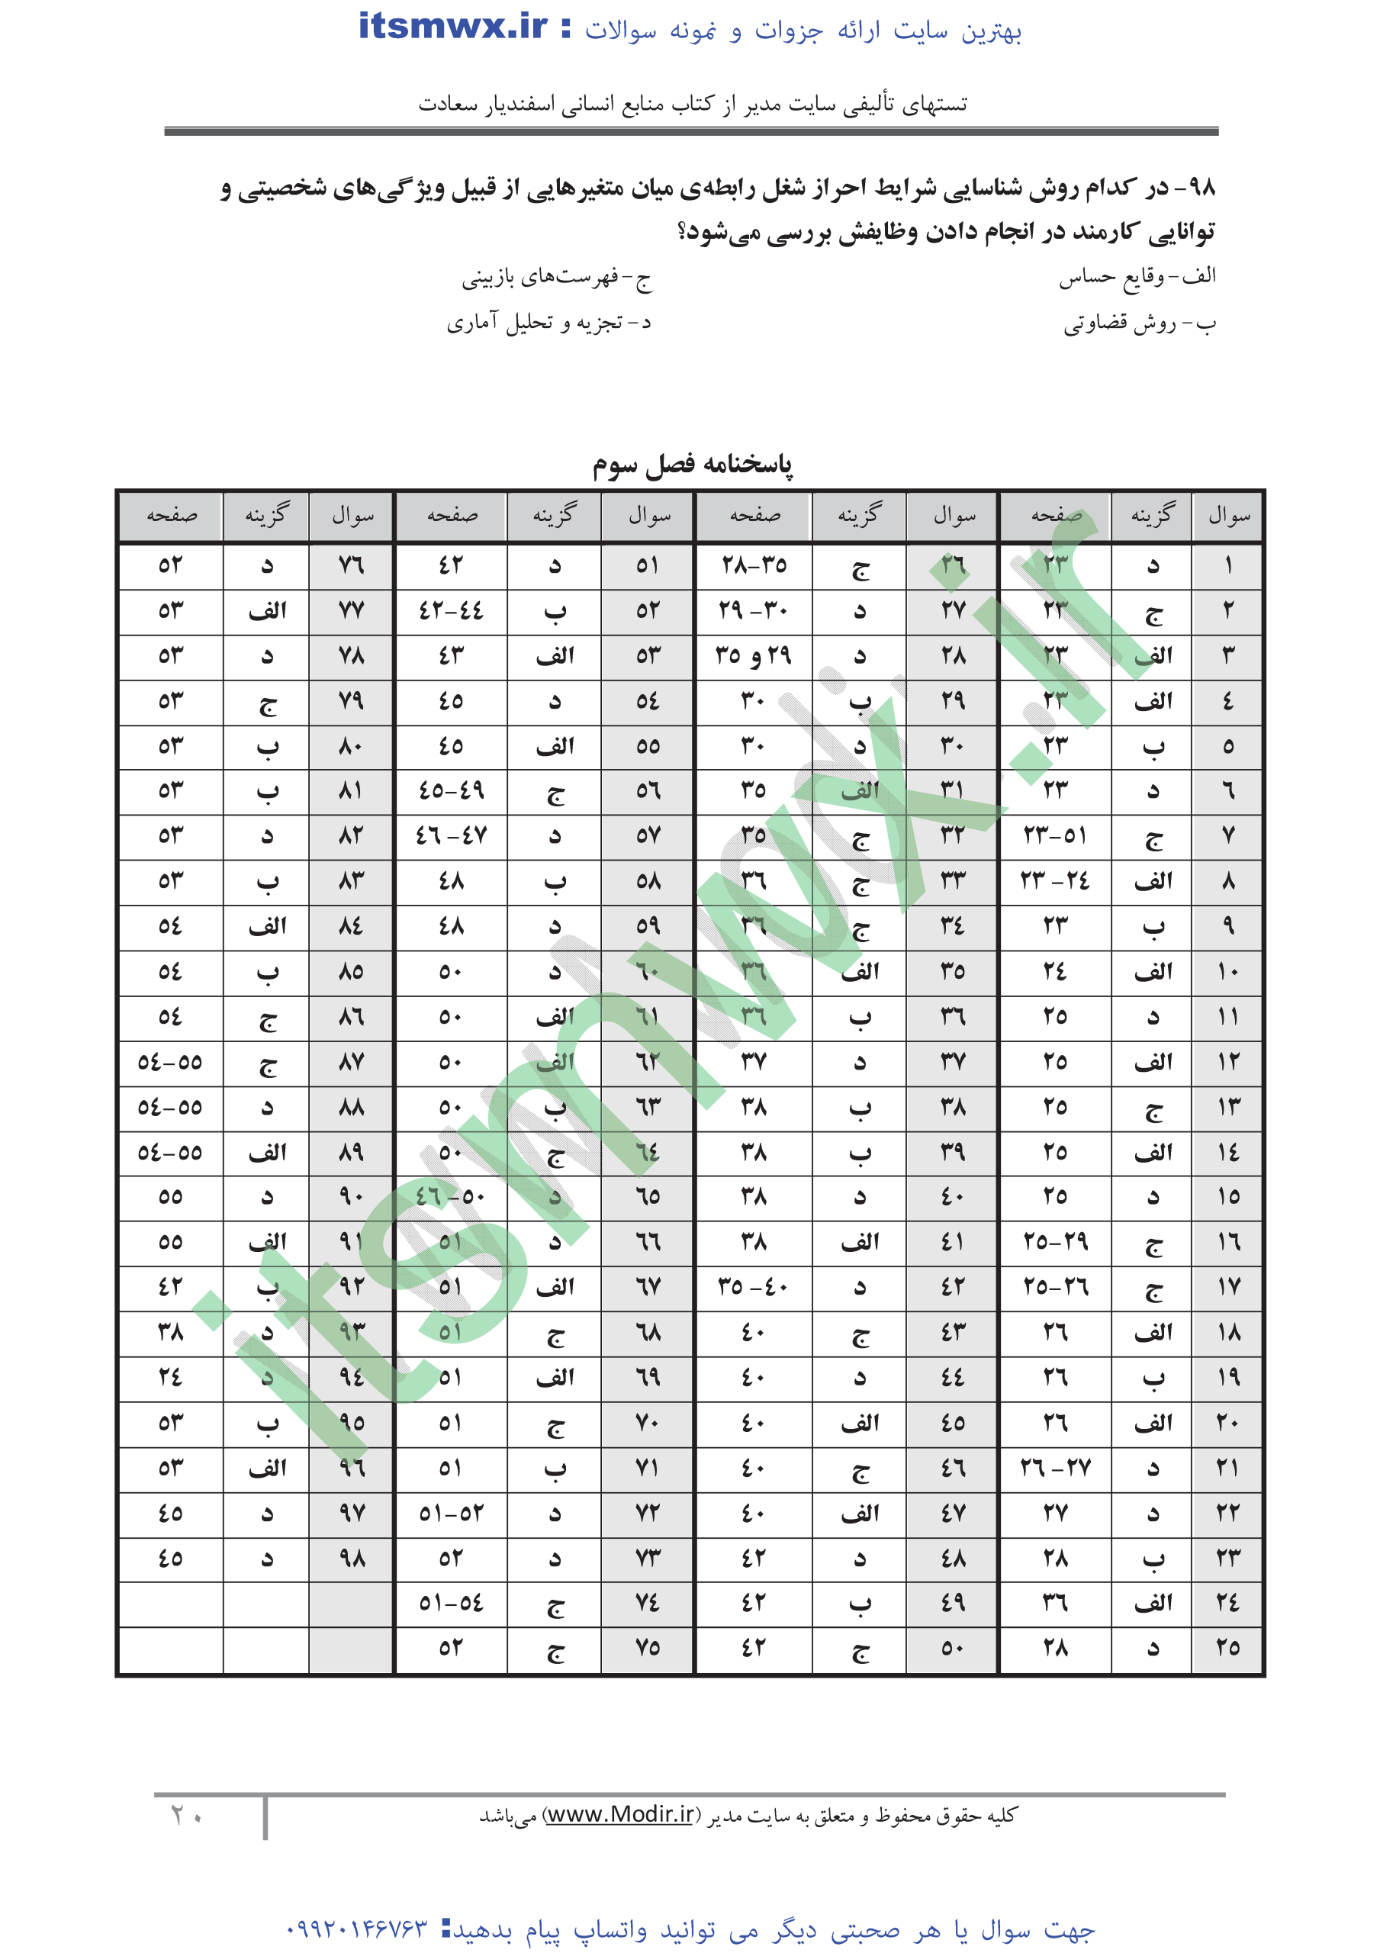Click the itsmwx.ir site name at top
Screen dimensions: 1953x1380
[453, 28]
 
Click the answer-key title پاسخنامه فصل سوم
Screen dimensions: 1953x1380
[692, 465]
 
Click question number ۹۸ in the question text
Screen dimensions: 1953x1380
[1201, 188]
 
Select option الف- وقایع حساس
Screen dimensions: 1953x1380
[1137, 277]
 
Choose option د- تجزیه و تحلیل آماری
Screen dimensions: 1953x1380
[548, 323]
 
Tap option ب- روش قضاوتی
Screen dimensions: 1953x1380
[1139, 323]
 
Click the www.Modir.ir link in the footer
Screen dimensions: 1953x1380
[620, 1815]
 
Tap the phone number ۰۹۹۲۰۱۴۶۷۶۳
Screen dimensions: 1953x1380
[356, 1929]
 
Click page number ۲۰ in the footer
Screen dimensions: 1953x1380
[186, 1815]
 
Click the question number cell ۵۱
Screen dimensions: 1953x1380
[648, 565]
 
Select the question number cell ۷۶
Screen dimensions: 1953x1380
[352, 565]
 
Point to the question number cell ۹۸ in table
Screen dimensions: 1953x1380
[352, 1559]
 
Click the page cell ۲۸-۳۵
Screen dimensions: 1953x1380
[754, 565]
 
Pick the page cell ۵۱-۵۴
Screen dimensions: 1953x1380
[451, 1604]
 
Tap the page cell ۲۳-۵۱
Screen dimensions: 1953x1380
[1055, 836]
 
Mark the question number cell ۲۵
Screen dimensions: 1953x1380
[1227, 1649]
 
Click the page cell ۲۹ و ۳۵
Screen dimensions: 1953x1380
[754, 656]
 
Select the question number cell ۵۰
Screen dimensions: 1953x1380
[953, 1649]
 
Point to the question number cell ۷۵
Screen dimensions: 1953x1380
[648, 1649]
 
